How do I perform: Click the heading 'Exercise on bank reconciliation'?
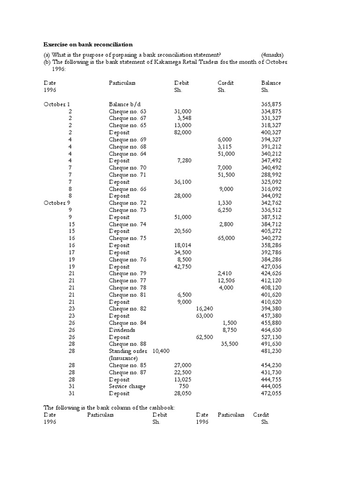tap(88, 45)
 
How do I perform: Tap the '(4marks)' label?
tap(273, 55)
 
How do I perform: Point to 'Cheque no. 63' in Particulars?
tap(127, 111)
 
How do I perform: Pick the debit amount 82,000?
tap(182, 133)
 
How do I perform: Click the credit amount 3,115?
tap(226, 147)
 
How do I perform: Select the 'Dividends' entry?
tap(122, 330)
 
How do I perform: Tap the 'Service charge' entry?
tap(127, 386)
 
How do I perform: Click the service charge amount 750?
tap(184, 386)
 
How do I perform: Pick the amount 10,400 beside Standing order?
tap(161, 351)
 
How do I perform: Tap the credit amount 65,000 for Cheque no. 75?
tap(226, 238)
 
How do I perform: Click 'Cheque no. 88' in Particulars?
tap(127, 344)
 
